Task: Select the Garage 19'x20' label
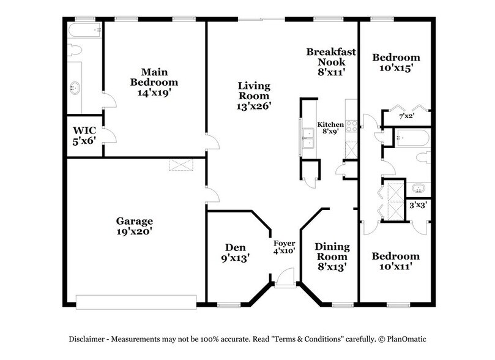pyautogui.click(x=134, y=226)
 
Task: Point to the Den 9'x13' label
pyautogui.click(x=236, y=252)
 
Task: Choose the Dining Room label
pyautogui.click(x=332, y=257)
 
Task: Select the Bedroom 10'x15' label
pyautogui.click(x=396, y=63)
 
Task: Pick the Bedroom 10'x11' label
pyautogui.click(x=396, y=261)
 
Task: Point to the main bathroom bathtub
pyautogui.click(x=84, y=31)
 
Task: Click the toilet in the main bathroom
pyautogui.click(x=73, y=50)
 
